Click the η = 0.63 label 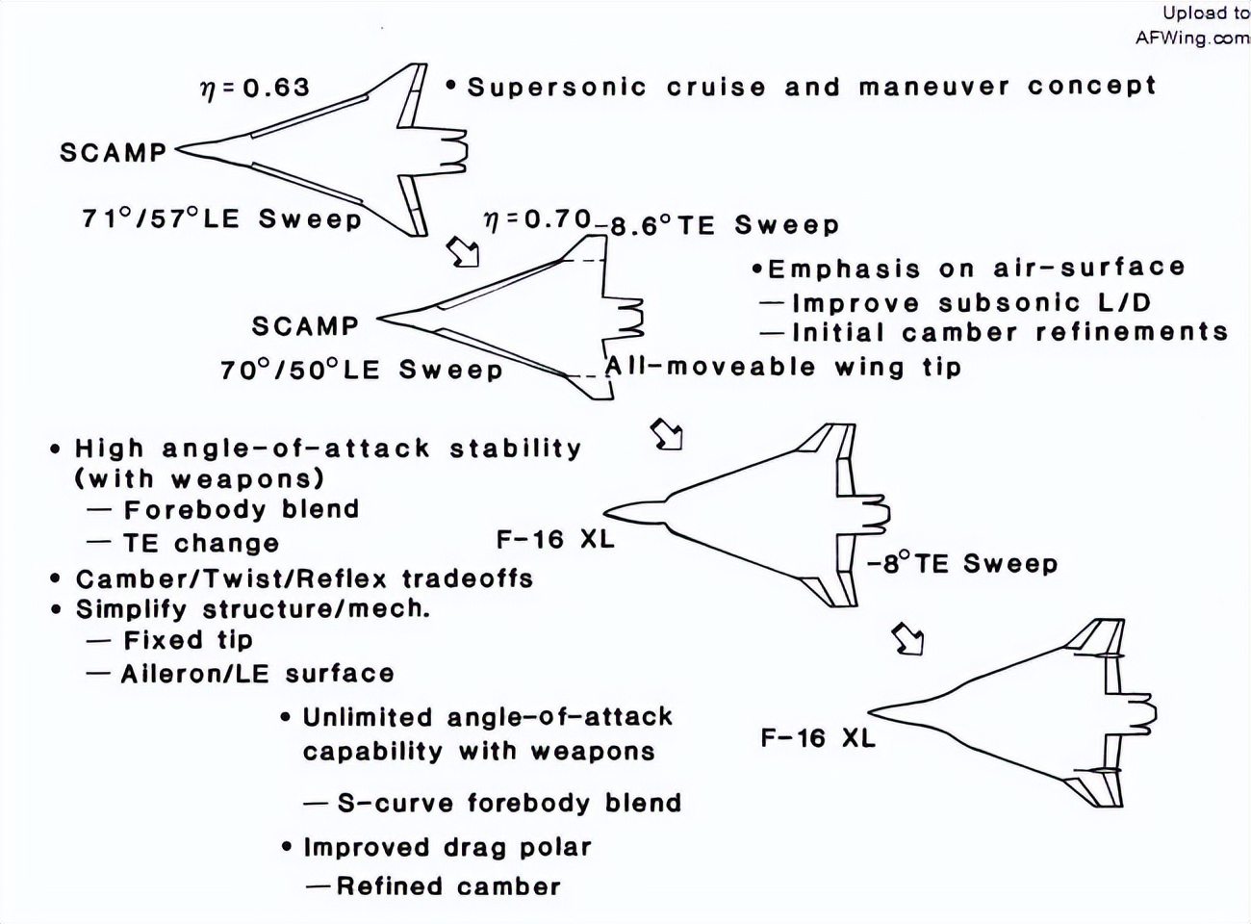[254, 88]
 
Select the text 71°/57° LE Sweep [221, 218]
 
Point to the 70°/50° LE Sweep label [361, 370]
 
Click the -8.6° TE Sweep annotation [717, 226]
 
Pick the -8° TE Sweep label [961, 564]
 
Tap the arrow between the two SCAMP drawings [464, 252]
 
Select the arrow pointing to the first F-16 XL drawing [667, 434]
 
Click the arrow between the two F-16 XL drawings [907, 638]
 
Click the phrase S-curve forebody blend [508, 803]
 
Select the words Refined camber [447, 885]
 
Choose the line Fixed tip [188, 640]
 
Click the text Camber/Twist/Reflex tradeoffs [304, 578]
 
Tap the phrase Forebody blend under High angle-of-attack [241, 509]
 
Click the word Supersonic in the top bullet [556, 87]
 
